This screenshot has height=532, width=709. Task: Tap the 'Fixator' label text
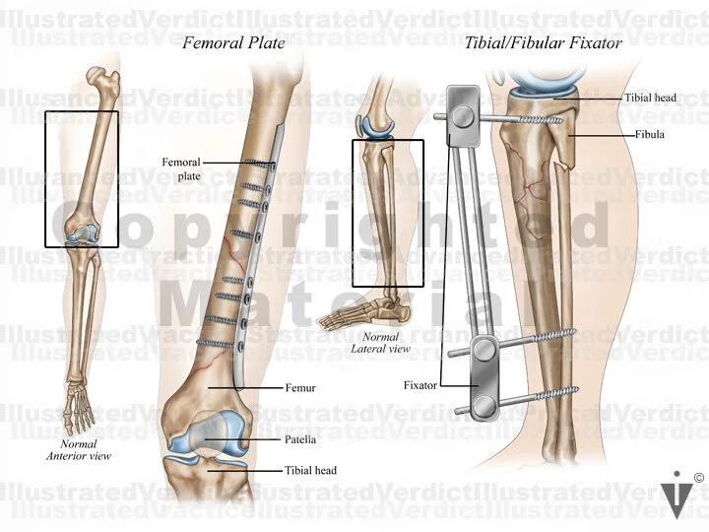point(419,384)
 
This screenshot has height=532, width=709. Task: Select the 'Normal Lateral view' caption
point(366,342)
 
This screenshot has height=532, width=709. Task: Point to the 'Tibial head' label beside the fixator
point(649,99)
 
